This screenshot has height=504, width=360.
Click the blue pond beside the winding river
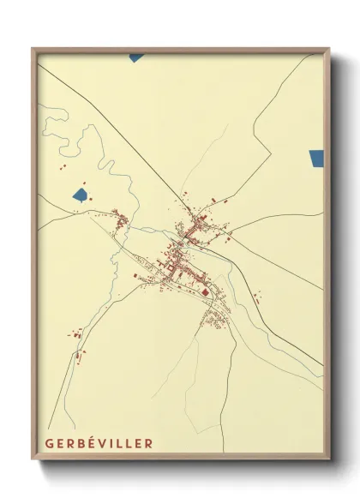point(80,195)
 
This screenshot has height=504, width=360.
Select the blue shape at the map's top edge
point(136,57)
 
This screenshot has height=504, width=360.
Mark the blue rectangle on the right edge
point(316,158)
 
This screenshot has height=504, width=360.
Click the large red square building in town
point(205,291)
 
